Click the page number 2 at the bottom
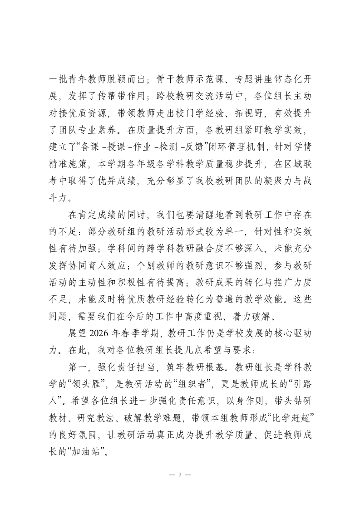coord(180,475)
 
